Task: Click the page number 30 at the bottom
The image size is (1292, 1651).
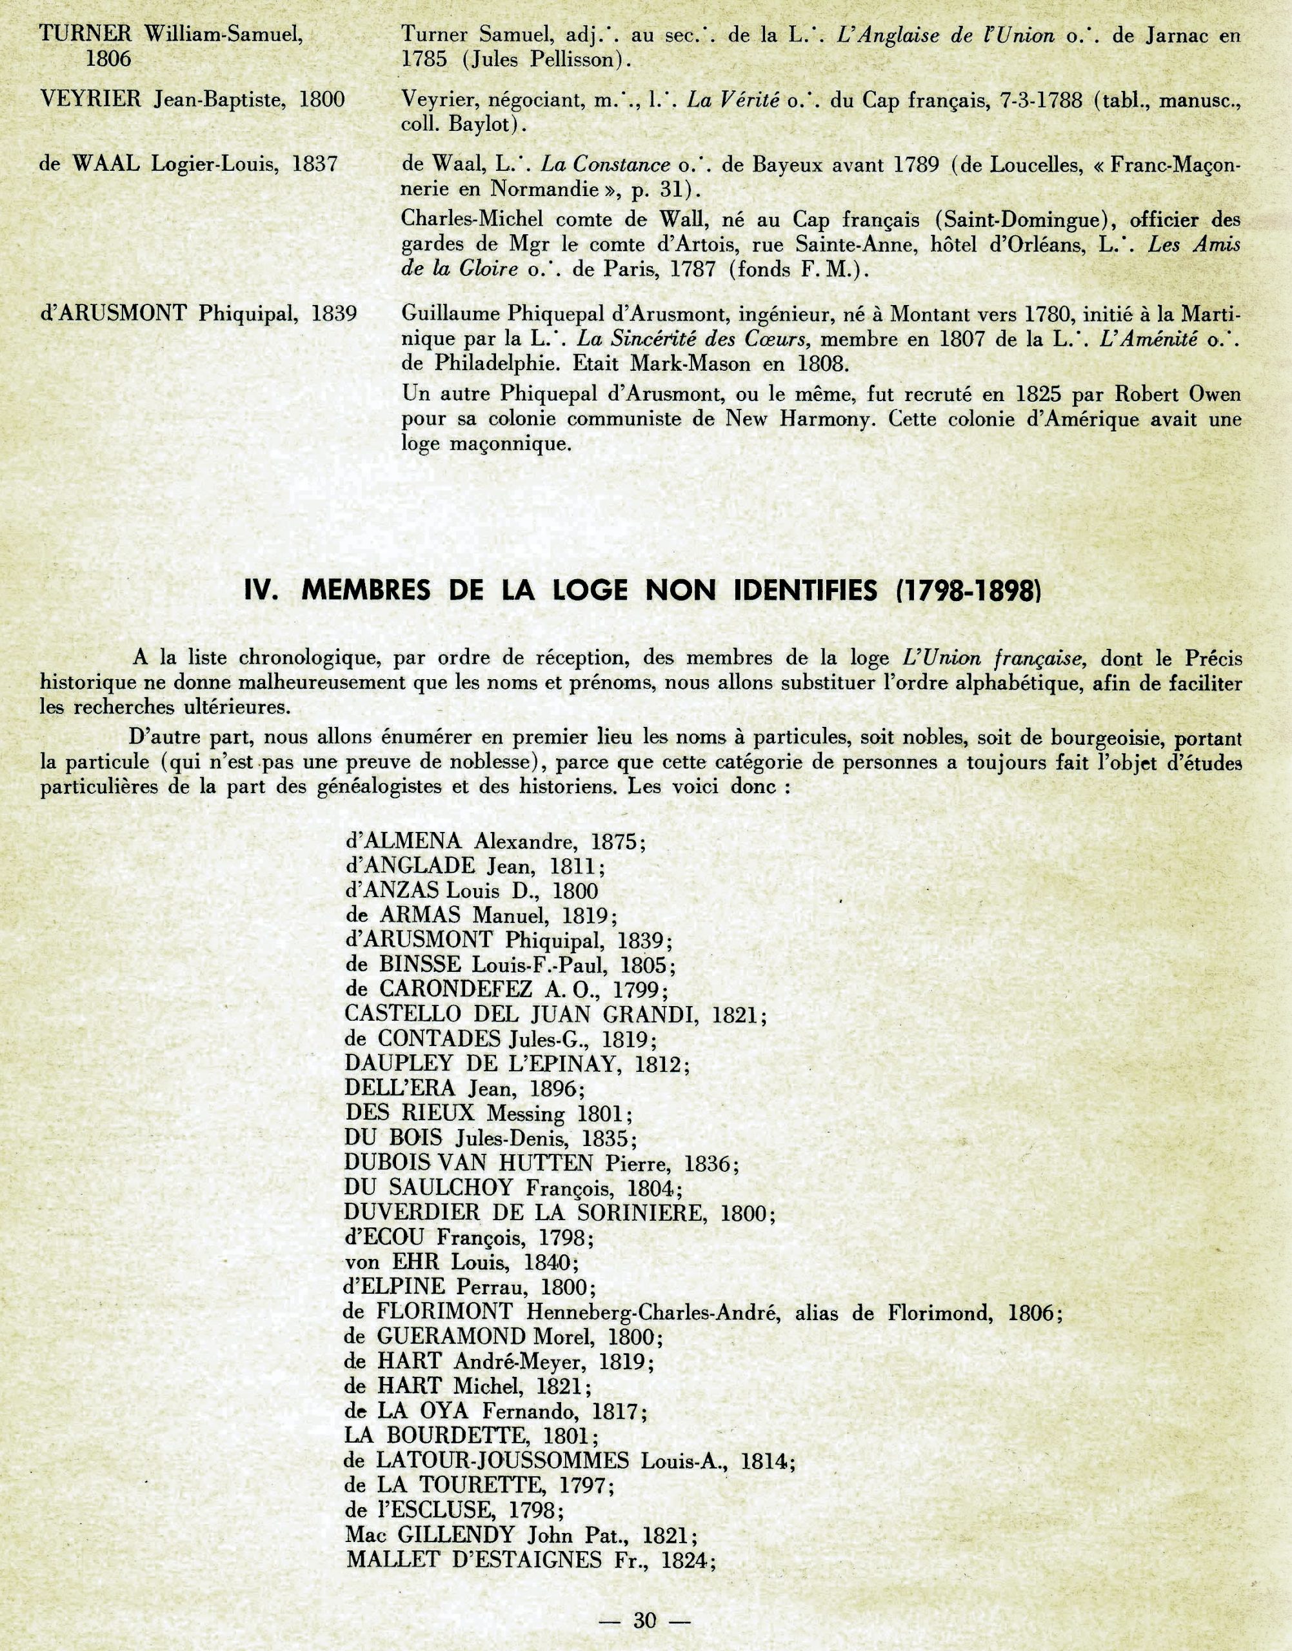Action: (x=644, y=1619)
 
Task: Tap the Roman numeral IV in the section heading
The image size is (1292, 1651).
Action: (x=262, y=590)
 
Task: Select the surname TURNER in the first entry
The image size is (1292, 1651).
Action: (x=86, y=34)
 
